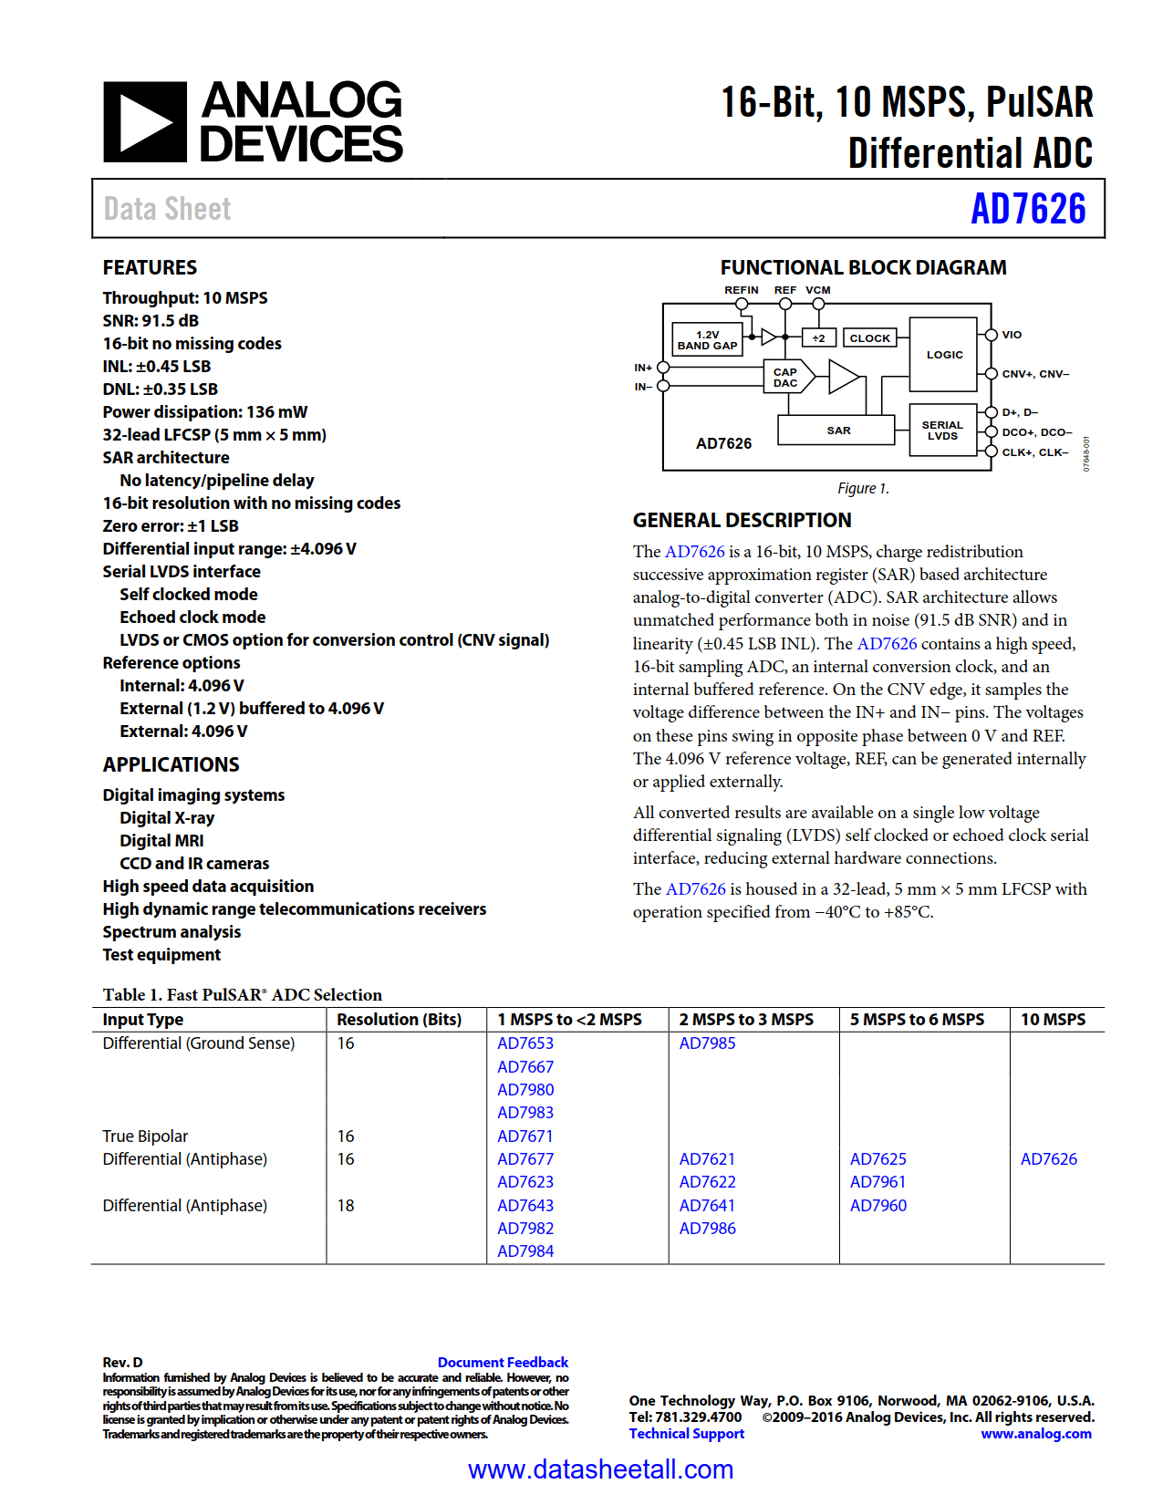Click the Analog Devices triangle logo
click(145, 122)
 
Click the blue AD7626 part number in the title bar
click(1028, 209)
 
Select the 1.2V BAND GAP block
click(707, 340)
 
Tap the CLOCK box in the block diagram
click(869, 338)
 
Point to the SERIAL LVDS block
click(942, 431)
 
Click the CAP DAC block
click(784, 378)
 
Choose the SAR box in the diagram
click(837, 431)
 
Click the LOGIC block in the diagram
click(944, 355)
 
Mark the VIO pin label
click(1012, 335)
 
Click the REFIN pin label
click(742, 290)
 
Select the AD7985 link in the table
click(707, 1043)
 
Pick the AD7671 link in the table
click(525, 1137)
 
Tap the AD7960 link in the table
click(878, 1206)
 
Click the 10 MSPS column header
click(1053, 1020)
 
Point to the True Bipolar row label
click(145, 1137)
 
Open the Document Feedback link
click(503, 1363)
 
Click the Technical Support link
click(687, 1434)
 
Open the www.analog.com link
click(1036, 1434)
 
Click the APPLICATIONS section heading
click(171, 765)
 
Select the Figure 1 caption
click(863, 489)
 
